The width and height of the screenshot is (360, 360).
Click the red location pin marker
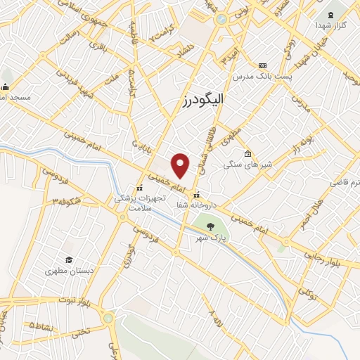[x=181, y=165]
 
